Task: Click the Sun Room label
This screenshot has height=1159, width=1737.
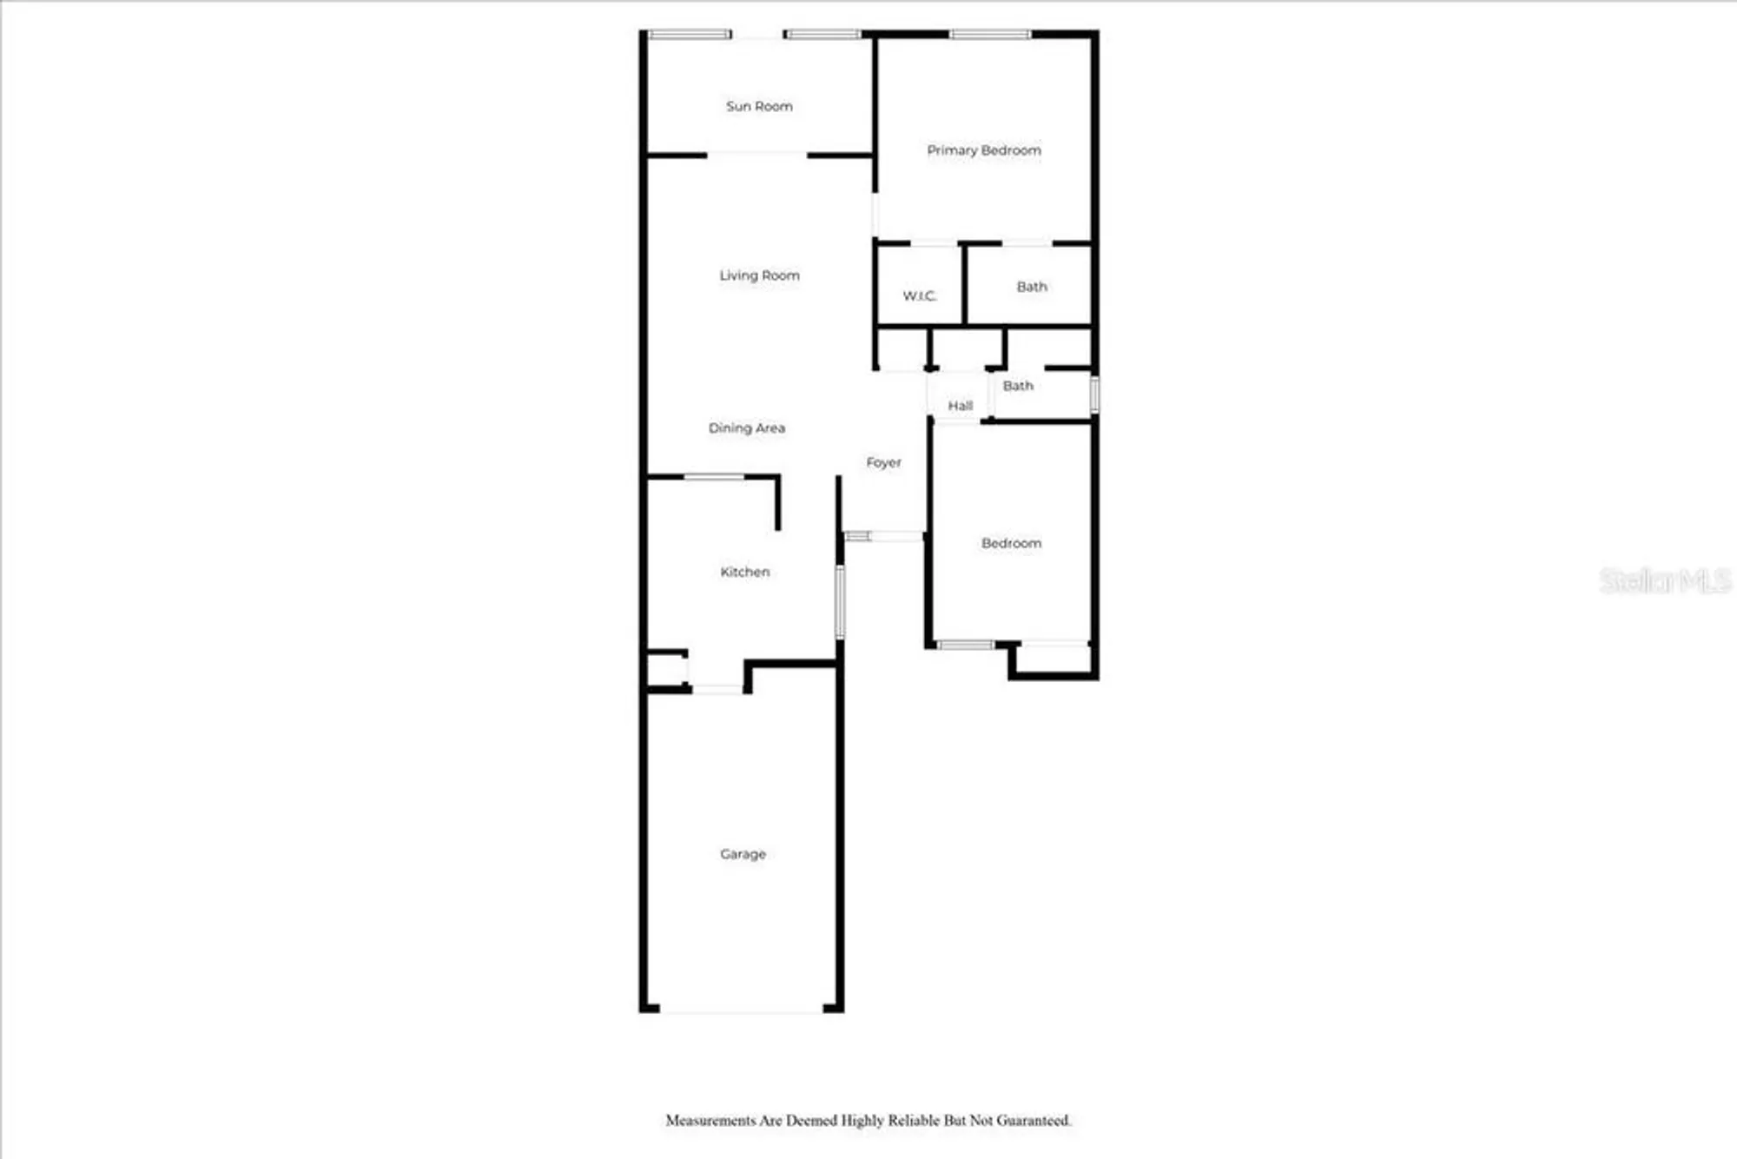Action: [x=759, y=106]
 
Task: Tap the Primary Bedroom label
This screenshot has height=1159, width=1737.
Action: [x=983, y=150]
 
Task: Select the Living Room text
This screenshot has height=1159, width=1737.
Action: [x=759, y=275]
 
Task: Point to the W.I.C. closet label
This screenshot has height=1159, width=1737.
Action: [x=919, y=296]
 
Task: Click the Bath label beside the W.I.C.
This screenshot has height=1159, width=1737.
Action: [x=1032, y=287]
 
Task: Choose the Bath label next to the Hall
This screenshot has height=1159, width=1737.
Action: [x=1018, y=386]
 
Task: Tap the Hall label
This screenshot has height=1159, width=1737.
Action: [x=960, y=406]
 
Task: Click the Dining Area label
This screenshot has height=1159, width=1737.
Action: [x=746, y=428]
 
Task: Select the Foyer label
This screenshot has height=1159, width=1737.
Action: [x=883, y=463]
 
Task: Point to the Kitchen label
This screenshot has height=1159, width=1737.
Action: [x=744, y=572]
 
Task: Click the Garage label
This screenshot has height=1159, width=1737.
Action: [x=743, y=854]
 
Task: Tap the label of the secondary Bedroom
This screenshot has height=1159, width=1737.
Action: [x=1011, y=543]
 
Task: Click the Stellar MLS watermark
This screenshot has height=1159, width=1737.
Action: [x=1664, y=580]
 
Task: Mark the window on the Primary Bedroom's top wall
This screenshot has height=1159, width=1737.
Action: [x=990, y=35]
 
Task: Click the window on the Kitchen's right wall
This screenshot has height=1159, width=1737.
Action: [x=840, y=601]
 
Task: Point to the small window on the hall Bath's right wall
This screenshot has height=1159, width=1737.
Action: [x=1094, y=394]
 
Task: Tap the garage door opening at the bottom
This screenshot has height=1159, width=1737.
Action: [x=741, y=1010]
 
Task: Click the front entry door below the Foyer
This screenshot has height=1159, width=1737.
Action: [x=895, y=536]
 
